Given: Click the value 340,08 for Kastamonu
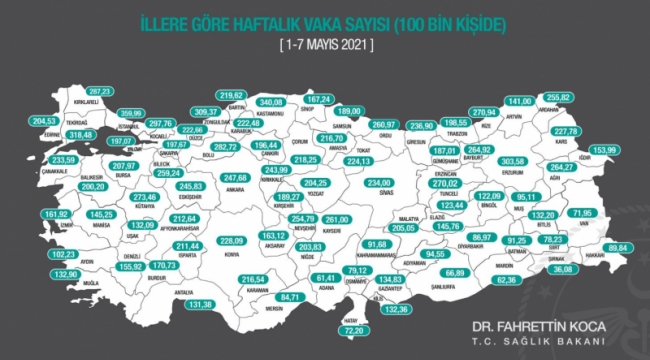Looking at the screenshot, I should [x=273, y=102].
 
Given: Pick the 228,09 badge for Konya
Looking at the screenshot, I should [x=232, y=241].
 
